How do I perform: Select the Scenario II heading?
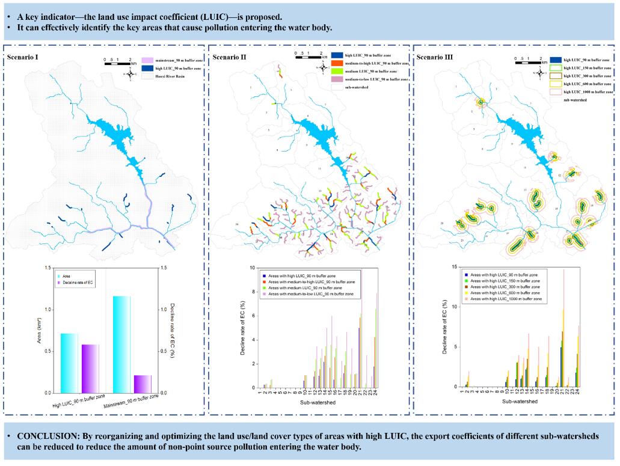click(229, 57)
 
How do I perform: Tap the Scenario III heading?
click(434, 57)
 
